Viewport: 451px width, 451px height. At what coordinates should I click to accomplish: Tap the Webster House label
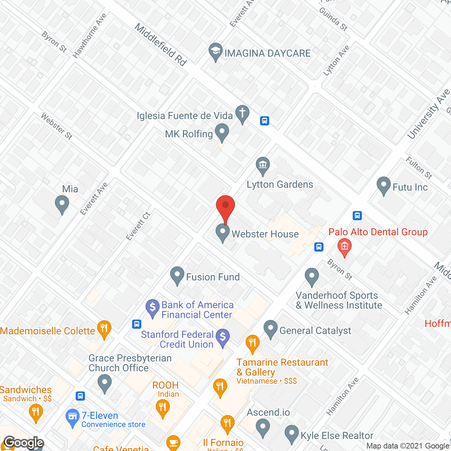(265, 234)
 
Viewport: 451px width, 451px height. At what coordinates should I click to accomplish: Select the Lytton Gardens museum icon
(263, 165)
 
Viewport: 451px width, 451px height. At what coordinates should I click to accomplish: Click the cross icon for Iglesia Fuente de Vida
(242, 113)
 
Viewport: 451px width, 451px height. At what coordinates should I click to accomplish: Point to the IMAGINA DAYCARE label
(267, 53)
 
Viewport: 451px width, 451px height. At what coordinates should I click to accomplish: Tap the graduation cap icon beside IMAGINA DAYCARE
(215, 51)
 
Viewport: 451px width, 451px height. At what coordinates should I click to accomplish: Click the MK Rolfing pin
(222, 132)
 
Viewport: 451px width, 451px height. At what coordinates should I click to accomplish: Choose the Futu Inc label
(410, 187)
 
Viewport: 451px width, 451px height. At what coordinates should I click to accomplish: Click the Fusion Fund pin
(177, 275)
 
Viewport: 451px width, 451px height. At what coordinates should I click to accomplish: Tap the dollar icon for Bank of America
(153, 307)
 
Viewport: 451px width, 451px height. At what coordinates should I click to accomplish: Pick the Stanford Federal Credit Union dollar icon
(223, 338)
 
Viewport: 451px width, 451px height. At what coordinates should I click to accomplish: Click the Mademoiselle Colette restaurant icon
(104, 329)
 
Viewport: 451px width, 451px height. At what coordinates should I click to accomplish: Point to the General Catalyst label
(315, 330)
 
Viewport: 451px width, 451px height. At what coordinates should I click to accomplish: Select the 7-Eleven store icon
(73, 417)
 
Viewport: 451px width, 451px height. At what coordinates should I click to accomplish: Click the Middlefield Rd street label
(160, 45)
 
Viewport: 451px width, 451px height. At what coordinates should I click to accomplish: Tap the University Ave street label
(428, 114)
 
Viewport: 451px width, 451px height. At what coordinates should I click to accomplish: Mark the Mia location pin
(62, 204)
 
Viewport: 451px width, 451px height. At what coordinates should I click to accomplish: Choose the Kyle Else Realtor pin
(292, 434)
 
